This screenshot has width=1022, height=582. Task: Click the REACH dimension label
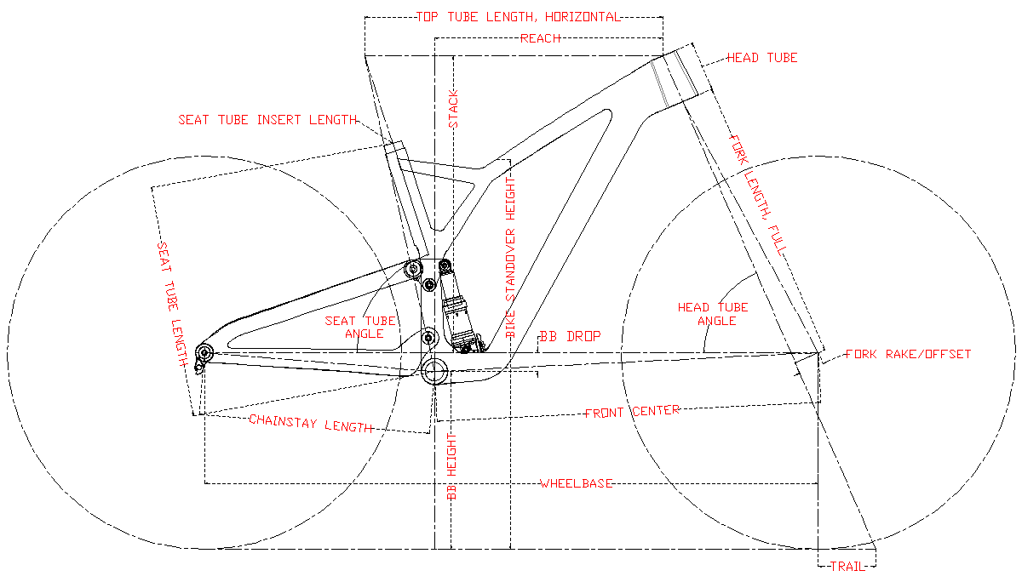[x=540, y=38]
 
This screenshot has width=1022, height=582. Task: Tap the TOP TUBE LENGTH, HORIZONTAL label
[x=518, y=16]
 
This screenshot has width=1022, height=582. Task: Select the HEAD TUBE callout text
[x=761, y=58]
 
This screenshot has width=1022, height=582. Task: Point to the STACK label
[x=454, y=108]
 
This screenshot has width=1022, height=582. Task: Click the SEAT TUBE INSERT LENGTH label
[x=267, y=120]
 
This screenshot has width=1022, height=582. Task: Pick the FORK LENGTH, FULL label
[x=757, y=195]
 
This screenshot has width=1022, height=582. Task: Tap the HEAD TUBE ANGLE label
[x=713, y=314]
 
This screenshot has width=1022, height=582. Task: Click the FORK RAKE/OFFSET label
[x=908, y=354]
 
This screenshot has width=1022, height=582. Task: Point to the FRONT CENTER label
[x=632, y=411]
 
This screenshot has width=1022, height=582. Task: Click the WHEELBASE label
[x=577, y=483]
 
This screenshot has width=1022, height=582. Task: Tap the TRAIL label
[x=847, y=565]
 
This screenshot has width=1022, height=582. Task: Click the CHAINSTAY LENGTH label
[x=311, y=424]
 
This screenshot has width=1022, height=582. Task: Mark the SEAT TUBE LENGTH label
[x=172, y=304]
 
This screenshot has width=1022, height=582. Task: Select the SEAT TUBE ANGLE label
[x=360, y=327]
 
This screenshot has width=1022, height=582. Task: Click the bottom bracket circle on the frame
[x=435, y=371]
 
